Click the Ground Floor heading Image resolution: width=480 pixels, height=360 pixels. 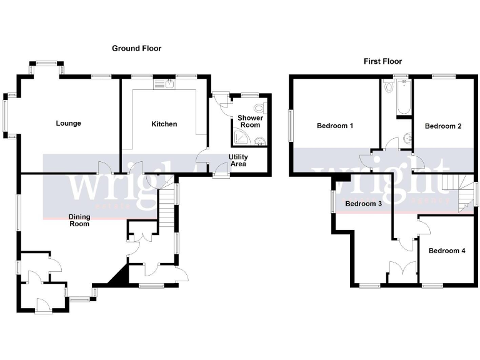point(136,48)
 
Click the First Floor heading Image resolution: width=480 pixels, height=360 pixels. point(382,61)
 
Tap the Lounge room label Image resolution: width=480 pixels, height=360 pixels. point(68,123)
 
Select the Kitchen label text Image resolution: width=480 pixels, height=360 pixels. point(164,124)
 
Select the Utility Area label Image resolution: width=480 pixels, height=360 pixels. point(239,160)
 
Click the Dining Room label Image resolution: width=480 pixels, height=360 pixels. point(79,220)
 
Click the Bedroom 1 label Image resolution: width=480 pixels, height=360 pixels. point(335,126)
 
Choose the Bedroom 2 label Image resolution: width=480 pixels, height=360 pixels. point(443,126)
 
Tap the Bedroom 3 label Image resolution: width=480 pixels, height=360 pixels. point(363,204)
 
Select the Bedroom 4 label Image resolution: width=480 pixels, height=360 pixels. point(446,251)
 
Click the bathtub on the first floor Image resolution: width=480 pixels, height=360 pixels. point(397,98)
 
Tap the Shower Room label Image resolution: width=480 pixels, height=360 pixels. point(250,121)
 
